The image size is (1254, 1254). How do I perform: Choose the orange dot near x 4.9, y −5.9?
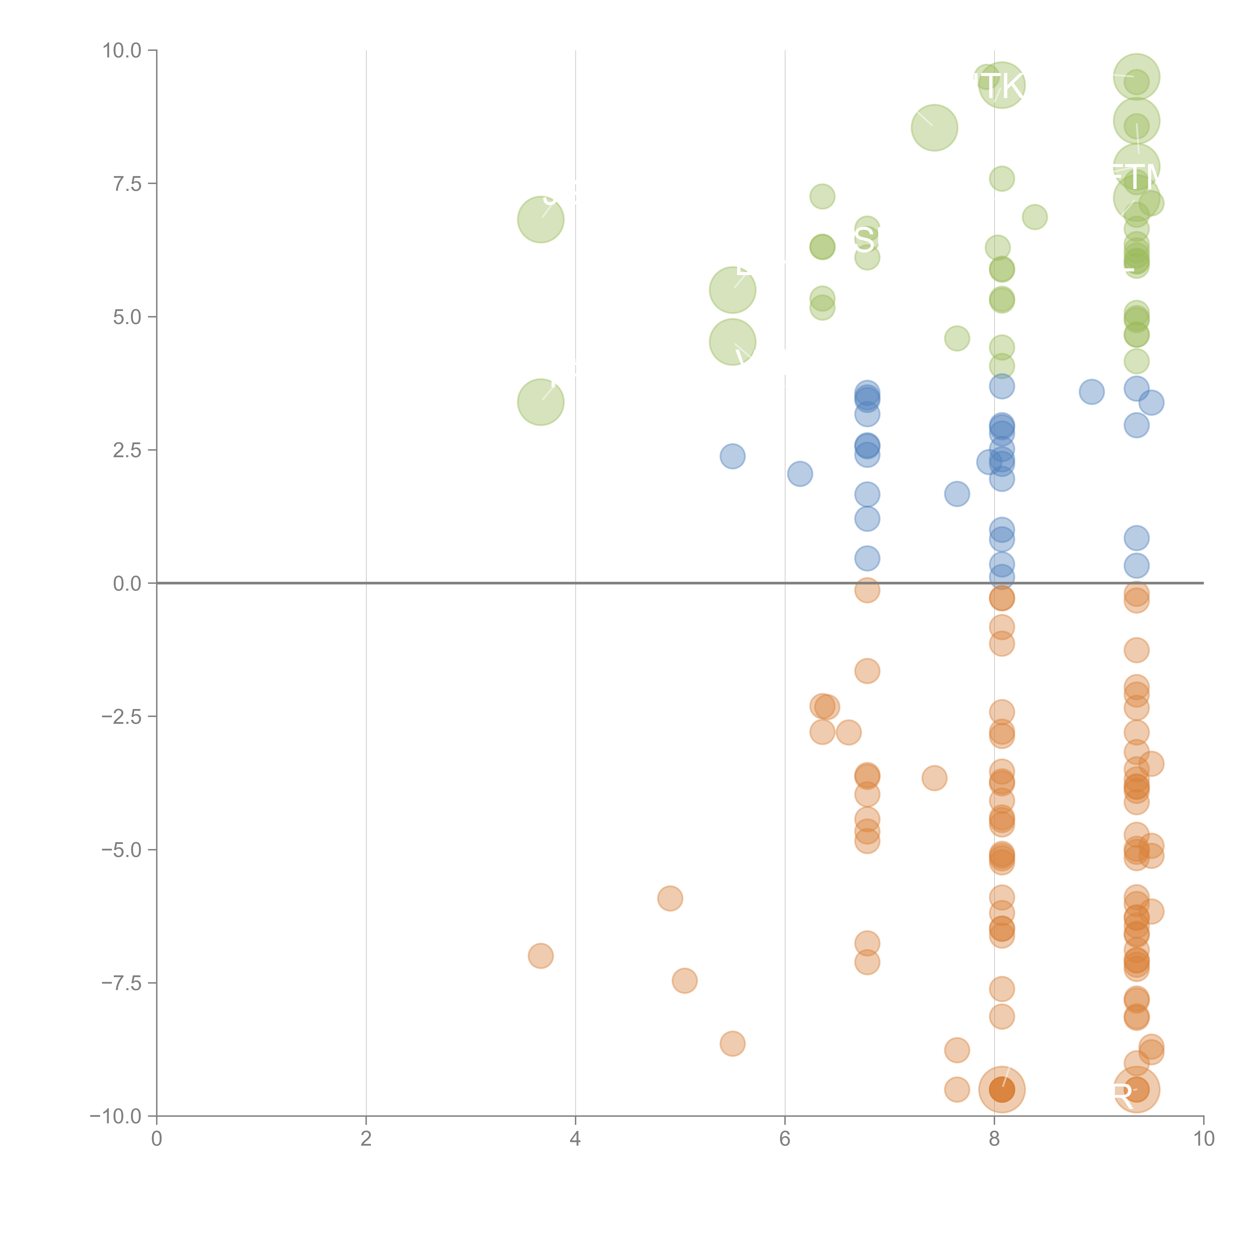pos(670,898)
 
